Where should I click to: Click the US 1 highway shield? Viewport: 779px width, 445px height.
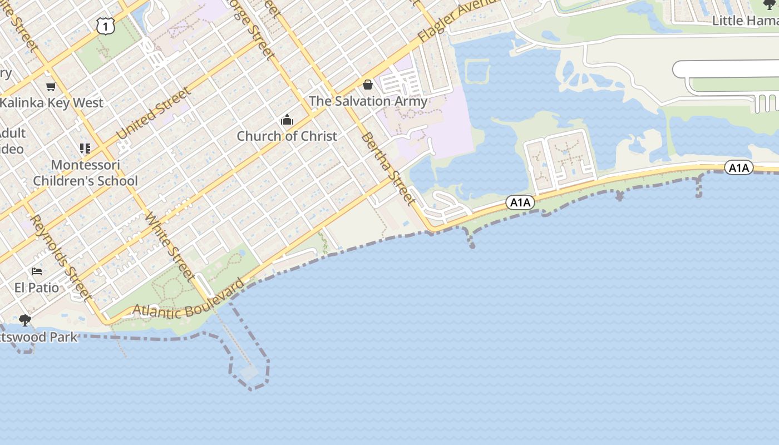coord(105,26)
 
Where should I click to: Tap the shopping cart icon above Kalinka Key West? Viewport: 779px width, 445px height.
coord(51,86)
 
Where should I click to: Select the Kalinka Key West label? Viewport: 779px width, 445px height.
coord(52,103)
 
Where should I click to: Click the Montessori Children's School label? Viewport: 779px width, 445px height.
coord(85,173)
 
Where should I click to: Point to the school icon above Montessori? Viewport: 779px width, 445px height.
coord(85,148)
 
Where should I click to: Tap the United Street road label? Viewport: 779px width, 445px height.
coord(153,114)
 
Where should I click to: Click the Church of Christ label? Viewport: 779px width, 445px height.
coord(287,136)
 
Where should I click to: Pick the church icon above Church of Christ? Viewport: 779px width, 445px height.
coord(287,120)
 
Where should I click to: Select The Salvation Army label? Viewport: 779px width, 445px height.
coord(368,101)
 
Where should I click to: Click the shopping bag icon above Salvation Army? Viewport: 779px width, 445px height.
coord(368,85)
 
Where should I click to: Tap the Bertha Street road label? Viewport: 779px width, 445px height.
coord(388,168)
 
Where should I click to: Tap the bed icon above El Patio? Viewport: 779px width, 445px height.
coord(37,271)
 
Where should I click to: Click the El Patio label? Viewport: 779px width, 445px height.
coord(37,288)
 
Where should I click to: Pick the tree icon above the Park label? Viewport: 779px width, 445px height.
coord(25,320)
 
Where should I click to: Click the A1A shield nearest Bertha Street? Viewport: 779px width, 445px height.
coord(520,202)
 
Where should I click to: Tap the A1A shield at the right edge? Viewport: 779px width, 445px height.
coord(739,167)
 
